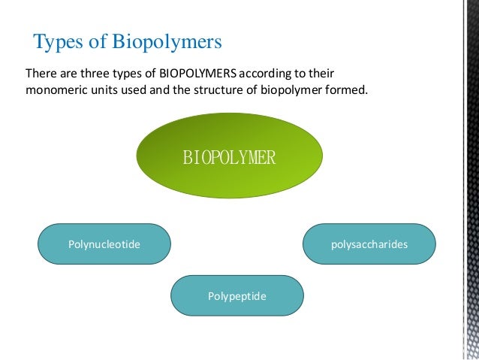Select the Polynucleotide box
click(x=104, y=244)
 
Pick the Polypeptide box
click(x=237, y=295)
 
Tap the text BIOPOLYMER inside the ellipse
click(x=230, y=158)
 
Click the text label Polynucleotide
click(x=104, y=244)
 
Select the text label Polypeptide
click(x=237, y=295)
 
